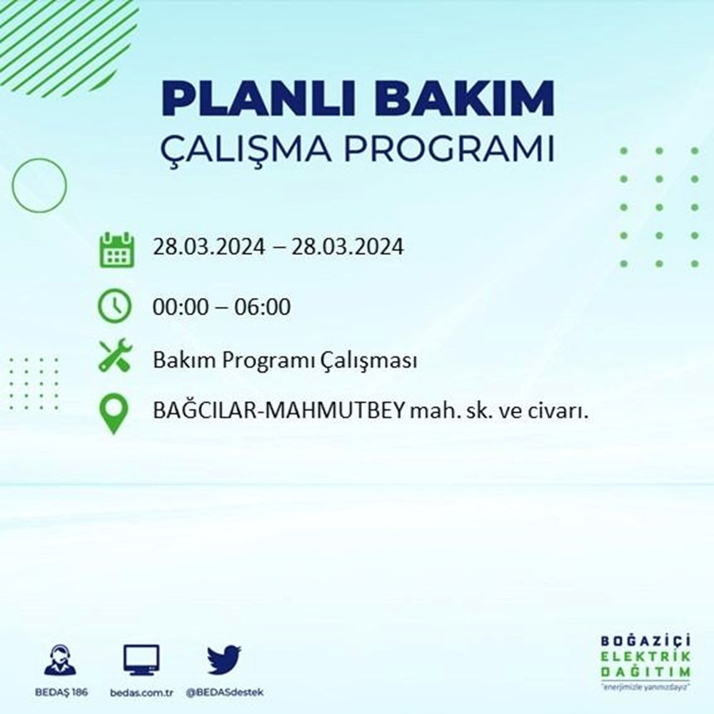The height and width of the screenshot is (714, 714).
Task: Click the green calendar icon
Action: [116, 249]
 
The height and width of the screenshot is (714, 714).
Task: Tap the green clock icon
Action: [116, 307]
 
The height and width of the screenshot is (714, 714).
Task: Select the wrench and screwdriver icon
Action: [116, 355]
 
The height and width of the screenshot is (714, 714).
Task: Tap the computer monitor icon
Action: [141, 660]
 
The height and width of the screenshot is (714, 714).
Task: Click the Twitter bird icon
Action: [224, 660]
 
